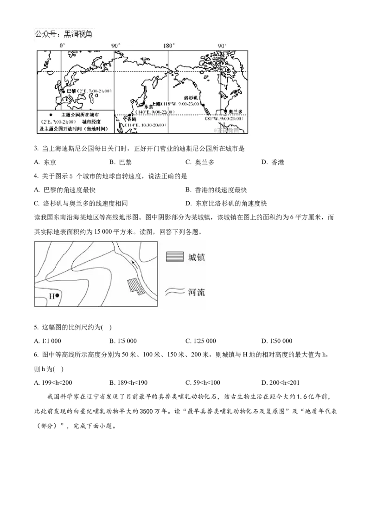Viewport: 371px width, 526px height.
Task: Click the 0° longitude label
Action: pyautogui.click(x=62, y=46)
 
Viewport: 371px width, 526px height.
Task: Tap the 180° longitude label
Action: pyautogui.click(x=168, y=46)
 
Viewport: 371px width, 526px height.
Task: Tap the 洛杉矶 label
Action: pyautogui.click(x=191, y=98)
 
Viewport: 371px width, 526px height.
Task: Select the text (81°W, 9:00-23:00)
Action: pyautogui.click(x=227, y=119)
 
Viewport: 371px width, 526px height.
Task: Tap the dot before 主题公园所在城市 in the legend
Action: pyautogui.click(x=43, y=114)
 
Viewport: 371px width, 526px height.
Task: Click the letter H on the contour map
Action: pyautogui.click(x=51, y=296)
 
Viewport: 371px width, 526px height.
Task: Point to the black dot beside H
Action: pyautogui.click(x=57, y=295)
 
